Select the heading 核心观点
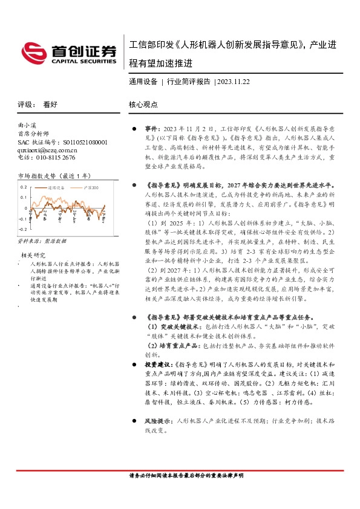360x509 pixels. (x=143, y=104)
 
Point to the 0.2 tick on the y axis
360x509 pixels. (x=24, y=187)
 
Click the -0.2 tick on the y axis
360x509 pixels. (x=23, y=230)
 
